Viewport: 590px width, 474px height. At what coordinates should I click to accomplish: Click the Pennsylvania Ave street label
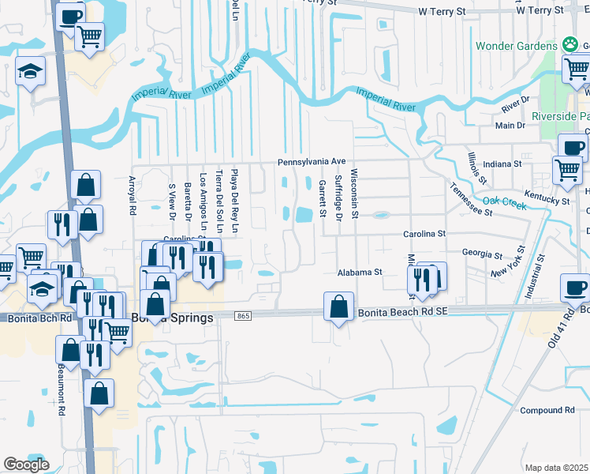(x=312, y=161)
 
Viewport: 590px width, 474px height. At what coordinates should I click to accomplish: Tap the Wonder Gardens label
(x=516, y=46)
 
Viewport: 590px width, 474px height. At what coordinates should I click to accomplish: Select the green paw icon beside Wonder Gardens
(x=569, y=45)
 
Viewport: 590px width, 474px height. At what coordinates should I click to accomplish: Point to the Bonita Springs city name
(x=173, y=318)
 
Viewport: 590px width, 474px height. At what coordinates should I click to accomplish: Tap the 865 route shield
(x=243, y=316)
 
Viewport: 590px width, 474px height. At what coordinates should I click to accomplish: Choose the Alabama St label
(x=360, y=272)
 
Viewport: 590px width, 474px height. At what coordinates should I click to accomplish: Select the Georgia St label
(x=482, y=254)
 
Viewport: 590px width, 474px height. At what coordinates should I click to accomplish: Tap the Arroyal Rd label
(x=133, y=195)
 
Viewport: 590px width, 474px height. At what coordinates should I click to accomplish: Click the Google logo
(x=26, y=465)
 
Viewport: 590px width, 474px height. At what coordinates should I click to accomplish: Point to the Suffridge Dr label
(x=338, y=198)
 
